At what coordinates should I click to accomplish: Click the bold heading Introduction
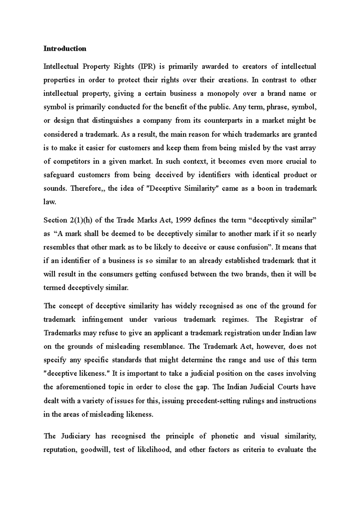(x=65, y=49)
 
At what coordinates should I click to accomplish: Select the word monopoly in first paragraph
(x=222, y=94)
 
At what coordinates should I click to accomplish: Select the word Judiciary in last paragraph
(x=76, y=436)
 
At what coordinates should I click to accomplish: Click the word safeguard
(x=58, y=175)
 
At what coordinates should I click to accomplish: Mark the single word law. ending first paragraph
(x=50, y=202)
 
